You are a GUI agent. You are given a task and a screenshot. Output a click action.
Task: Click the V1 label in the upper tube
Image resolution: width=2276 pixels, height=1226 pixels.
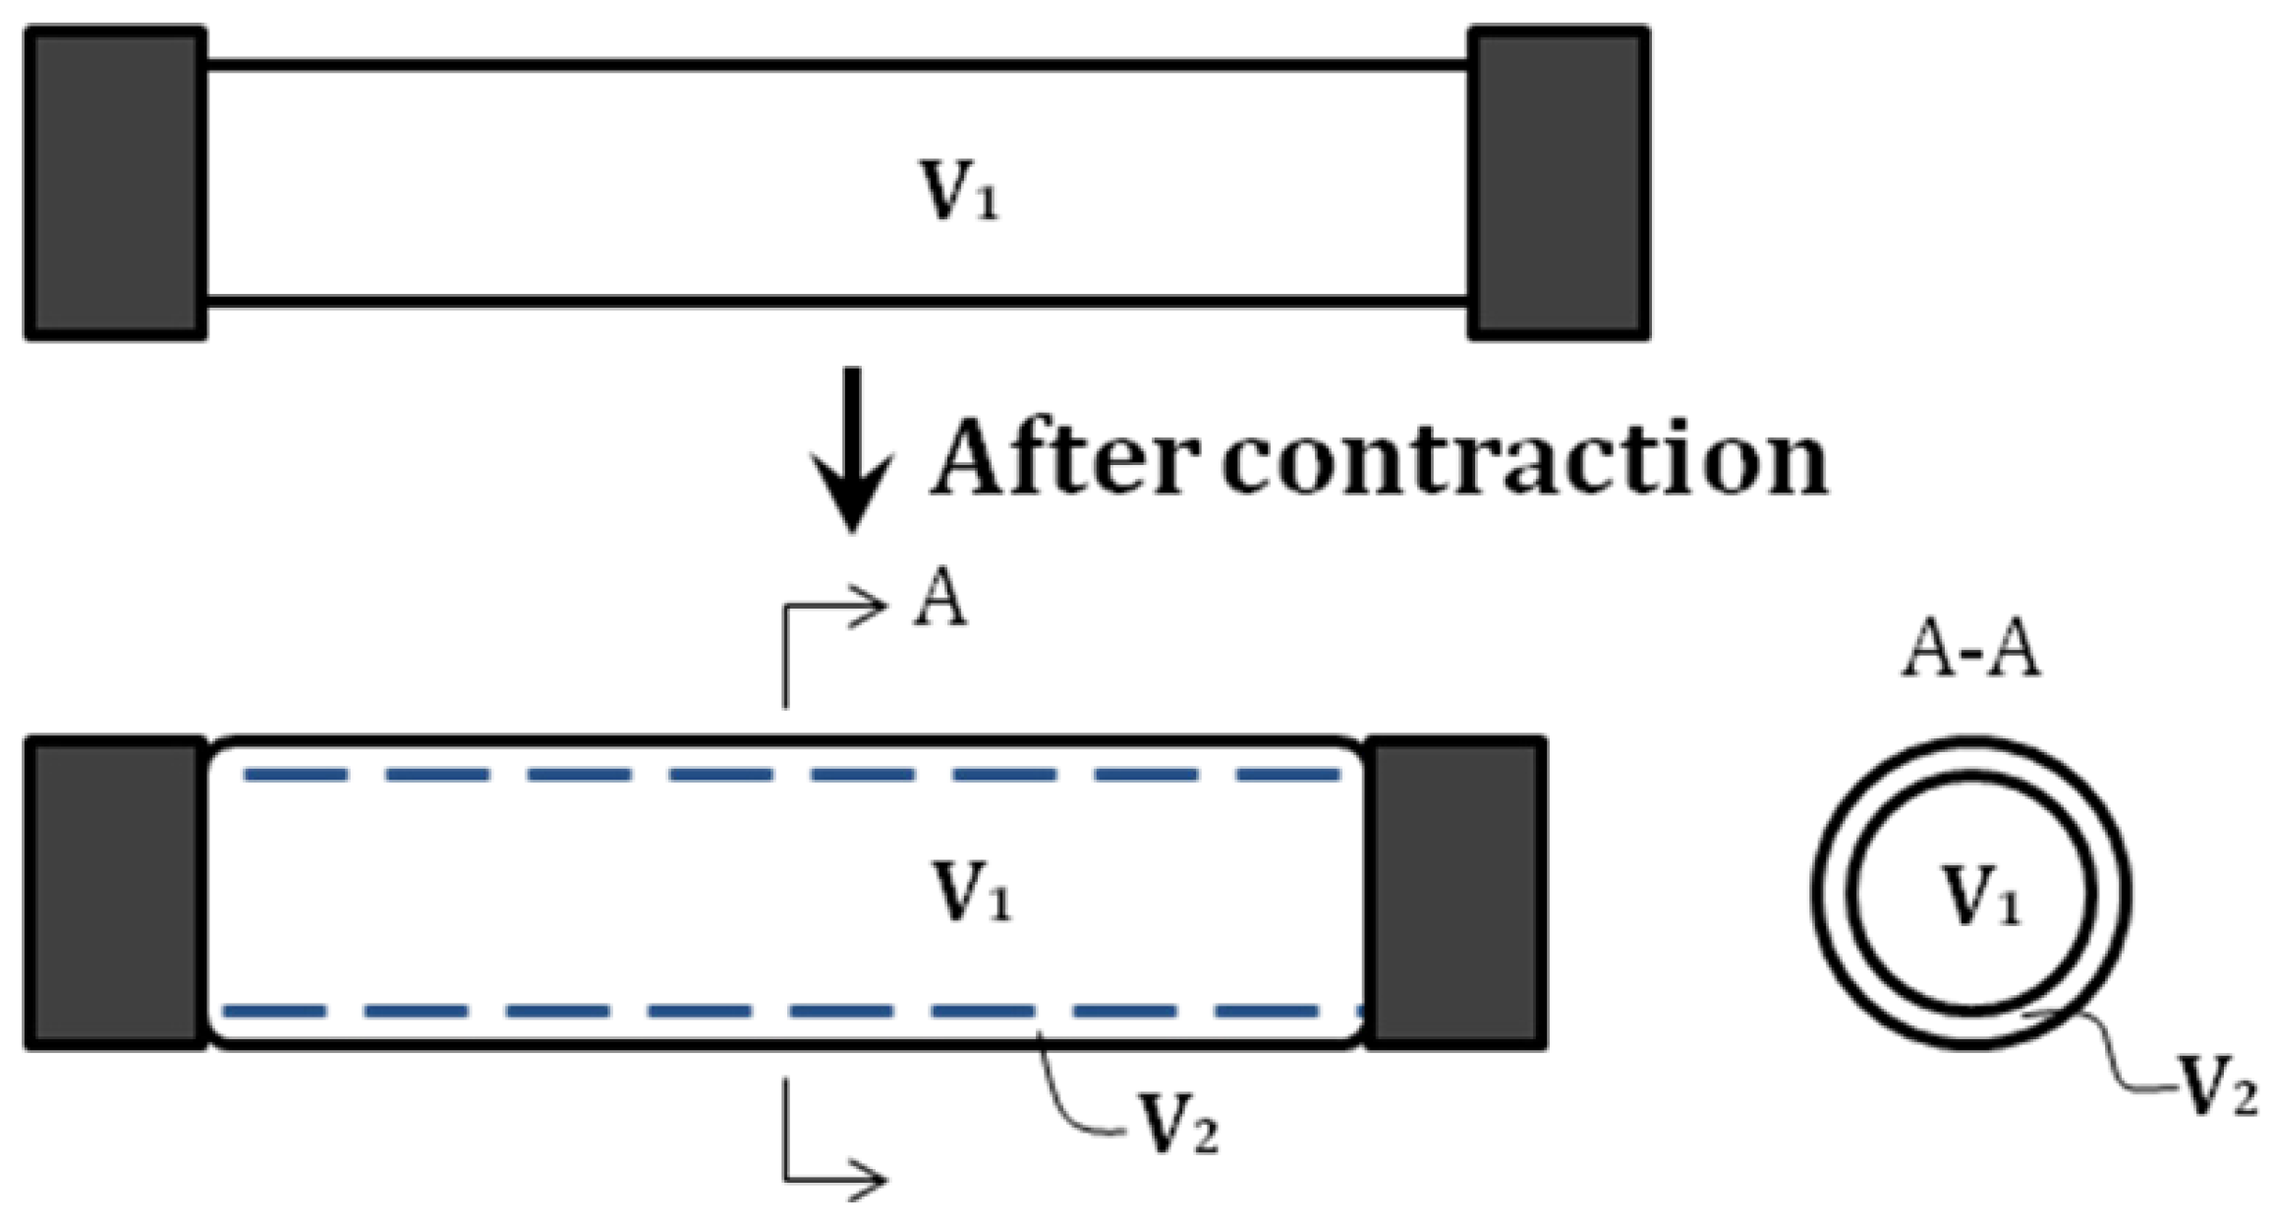click(x=958, y=191)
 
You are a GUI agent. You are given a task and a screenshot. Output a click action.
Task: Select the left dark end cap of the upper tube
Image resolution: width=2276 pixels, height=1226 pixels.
click(x=115, y=184)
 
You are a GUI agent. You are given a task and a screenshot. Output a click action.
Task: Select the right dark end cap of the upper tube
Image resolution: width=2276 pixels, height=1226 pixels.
click(x=1558, y=184)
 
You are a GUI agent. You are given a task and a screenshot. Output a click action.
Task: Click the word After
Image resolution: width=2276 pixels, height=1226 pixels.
click(x=1066, y=459)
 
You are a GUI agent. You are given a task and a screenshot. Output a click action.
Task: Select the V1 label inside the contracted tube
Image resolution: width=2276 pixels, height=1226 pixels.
click(x=972, y=890)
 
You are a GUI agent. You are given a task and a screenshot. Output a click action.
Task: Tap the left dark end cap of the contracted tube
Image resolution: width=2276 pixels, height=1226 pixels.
click(x=115, y=893)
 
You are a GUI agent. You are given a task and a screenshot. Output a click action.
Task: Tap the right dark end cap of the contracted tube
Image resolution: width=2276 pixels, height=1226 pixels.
click(x=1455, y=893)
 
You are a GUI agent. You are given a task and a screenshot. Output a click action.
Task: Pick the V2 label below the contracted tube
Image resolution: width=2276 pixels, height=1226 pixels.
click(x=1177, y=1124)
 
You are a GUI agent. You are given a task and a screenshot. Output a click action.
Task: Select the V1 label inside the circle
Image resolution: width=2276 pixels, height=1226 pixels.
click(x=1981, y=896)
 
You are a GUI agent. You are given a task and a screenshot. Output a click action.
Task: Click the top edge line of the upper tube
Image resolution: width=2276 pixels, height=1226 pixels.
click(x=835, y=66)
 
